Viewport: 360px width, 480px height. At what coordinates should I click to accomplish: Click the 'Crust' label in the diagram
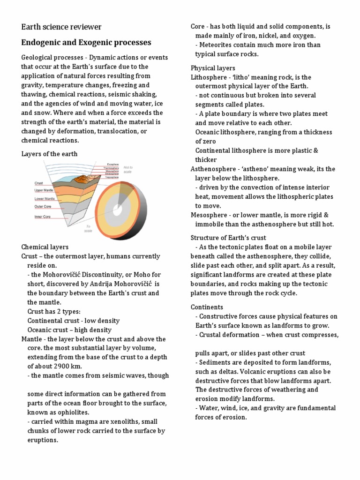[39, 183]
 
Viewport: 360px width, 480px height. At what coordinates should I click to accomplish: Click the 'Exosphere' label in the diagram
[112, 165]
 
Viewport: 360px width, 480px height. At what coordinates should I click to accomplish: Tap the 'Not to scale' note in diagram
[128, 169]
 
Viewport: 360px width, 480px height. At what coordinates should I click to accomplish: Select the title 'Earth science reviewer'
[61, 27]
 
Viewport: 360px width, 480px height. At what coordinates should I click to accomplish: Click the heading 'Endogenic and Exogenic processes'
[86, 43]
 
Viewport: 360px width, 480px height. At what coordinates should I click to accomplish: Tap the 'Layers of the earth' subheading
[50, 154]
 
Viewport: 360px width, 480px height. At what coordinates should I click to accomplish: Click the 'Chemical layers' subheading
[45, 247]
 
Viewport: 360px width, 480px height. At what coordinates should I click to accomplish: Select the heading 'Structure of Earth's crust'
[228, 238]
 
